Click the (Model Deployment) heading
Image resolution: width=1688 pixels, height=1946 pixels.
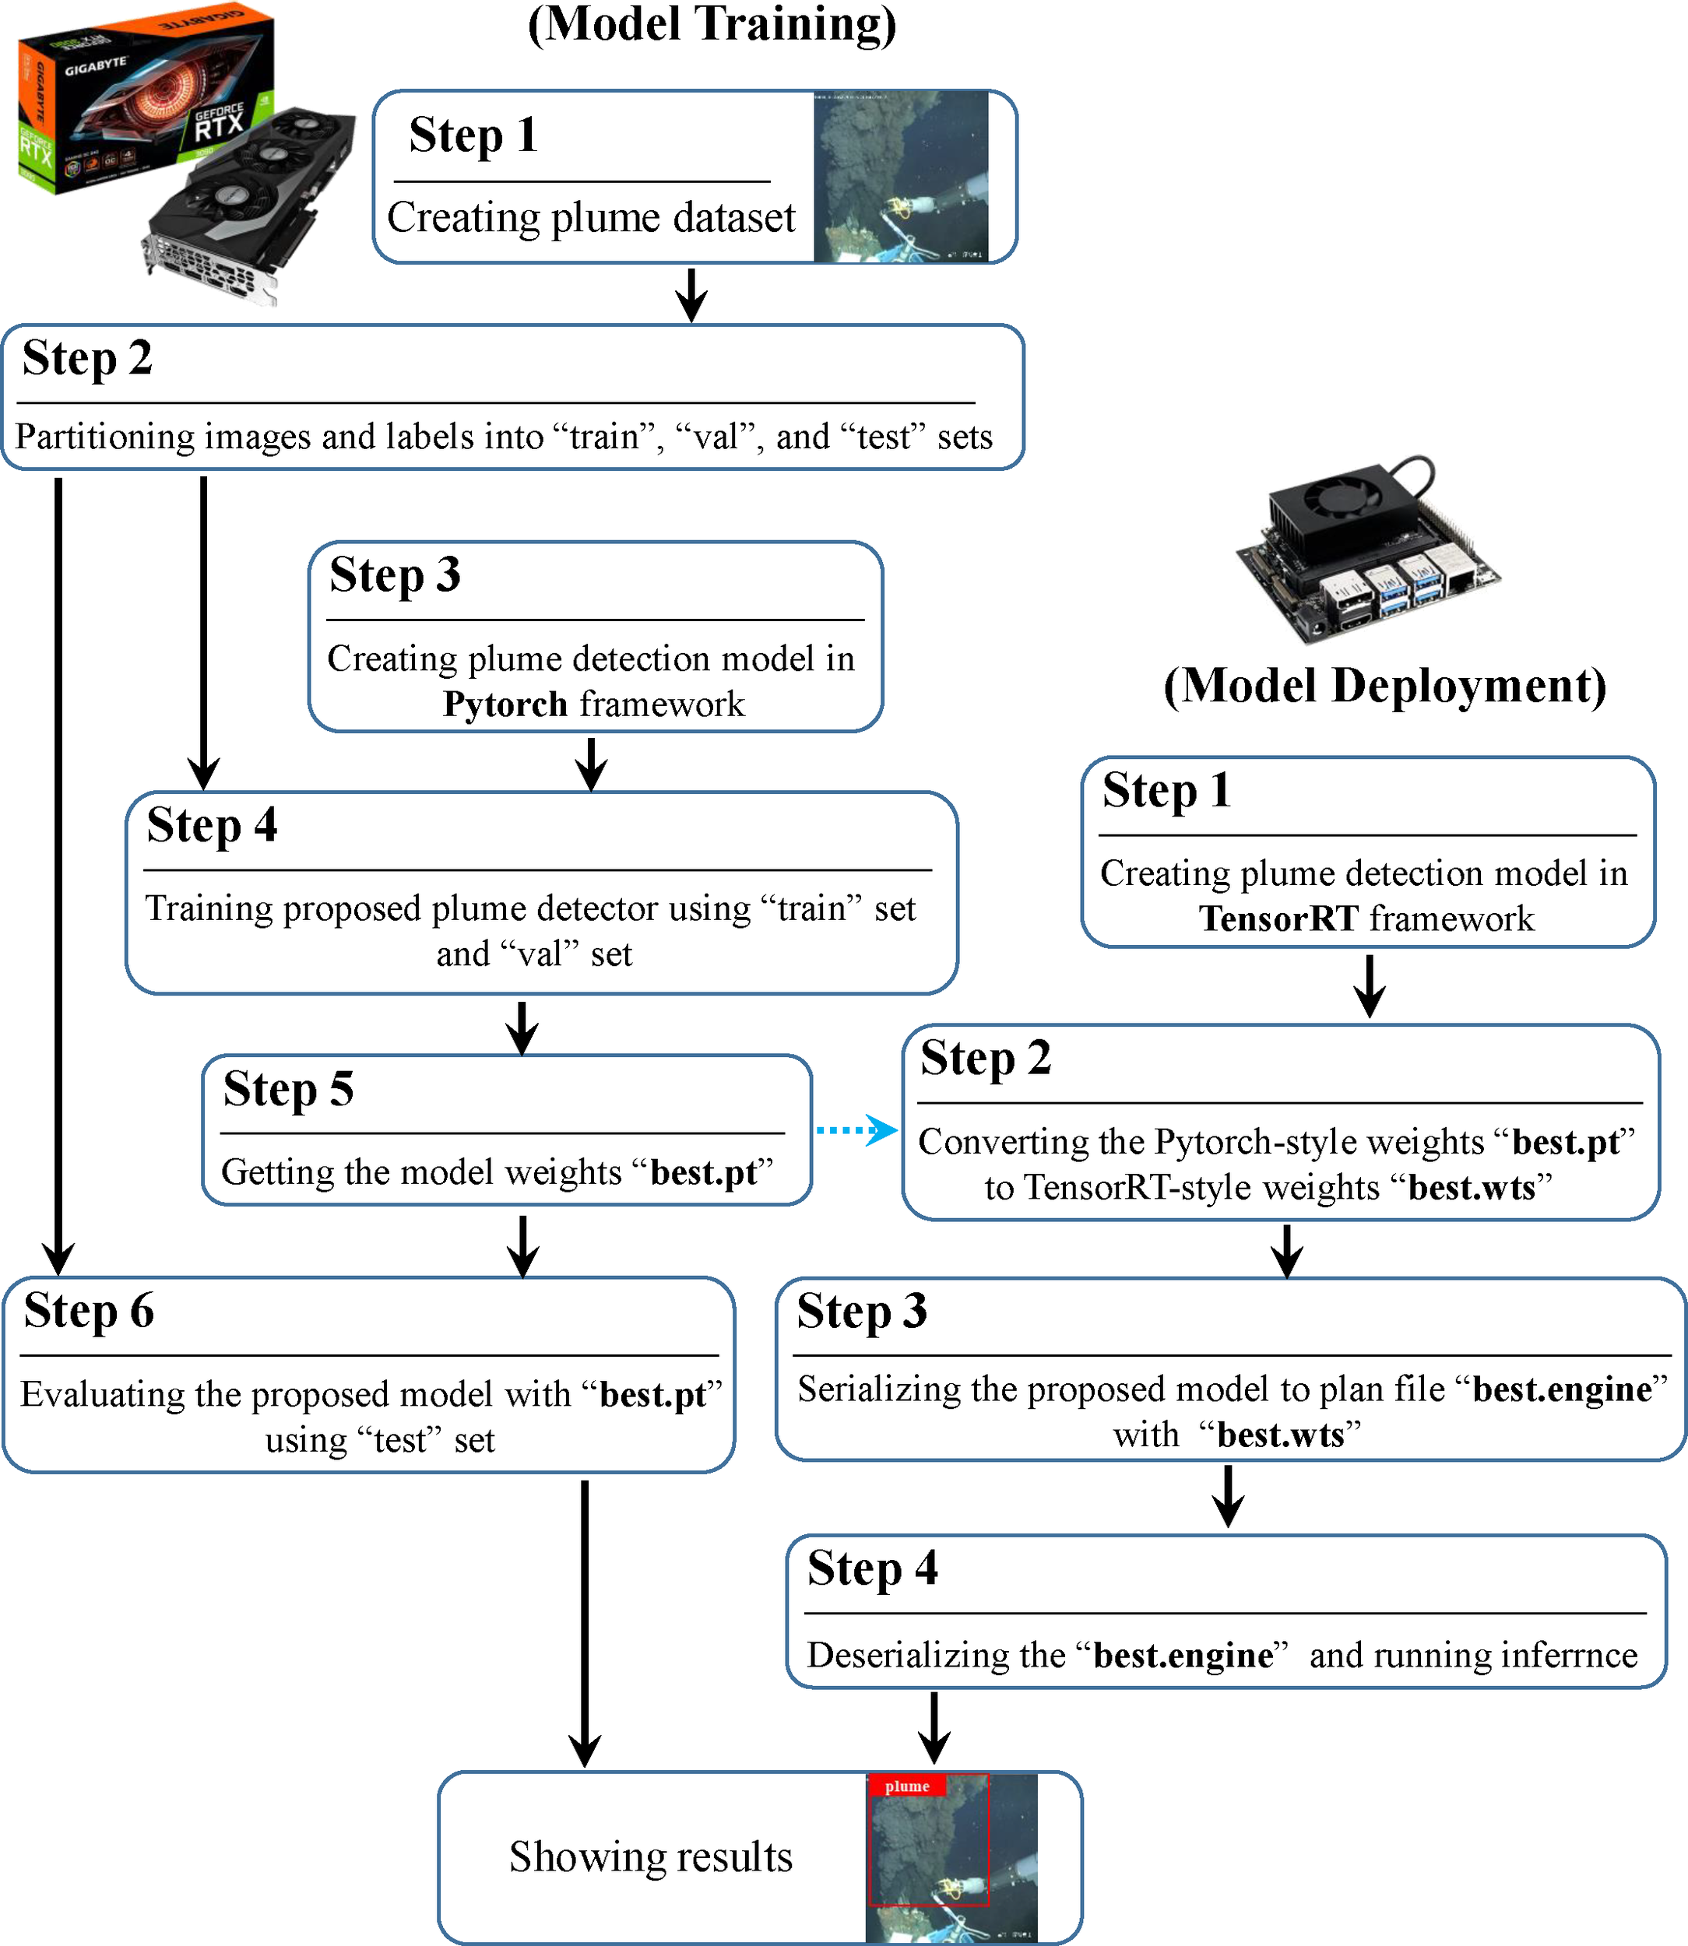(x=1384, y=686)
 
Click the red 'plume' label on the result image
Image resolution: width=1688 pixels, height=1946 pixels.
(x=906, y=1786)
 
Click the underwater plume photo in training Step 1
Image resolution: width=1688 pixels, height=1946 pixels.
(x=901, y=177)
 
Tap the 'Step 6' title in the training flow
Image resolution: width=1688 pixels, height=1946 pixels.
(x=89, y=1310)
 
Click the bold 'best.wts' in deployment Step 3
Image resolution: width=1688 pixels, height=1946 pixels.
(x=1280, y=1435)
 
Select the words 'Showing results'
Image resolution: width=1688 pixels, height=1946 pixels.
(x=650, y=1856)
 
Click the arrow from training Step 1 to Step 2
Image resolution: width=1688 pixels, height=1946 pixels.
(x=691, y=294)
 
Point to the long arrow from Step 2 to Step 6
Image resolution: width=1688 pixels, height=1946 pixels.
(x=58, y=876)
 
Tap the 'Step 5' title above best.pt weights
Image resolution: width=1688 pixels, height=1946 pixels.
(x=288, y=1089)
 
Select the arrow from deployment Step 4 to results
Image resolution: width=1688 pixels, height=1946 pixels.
(x=934, y=1727)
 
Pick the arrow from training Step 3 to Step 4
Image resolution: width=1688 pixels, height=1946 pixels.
(x=591, y=762)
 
